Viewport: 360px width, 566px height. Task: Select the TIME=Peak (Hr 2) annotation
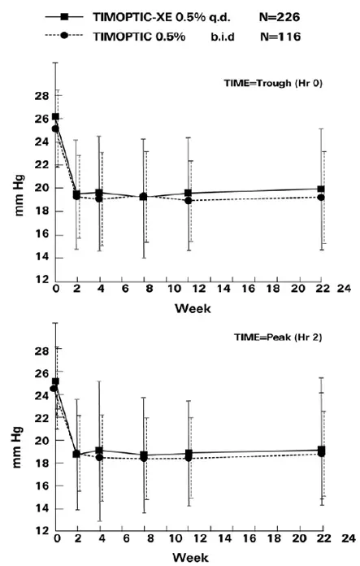[x=276, y=335]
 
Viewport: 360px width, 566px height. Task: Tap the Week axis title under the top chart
[x=189, y=307]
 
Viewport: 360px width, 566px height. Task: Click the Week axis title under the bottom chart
[x=189, y=559]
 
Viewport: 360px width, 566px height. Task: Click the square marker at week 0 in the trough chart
[x=55, y=117]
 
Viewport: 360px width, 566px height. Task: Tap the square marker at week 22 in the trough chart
[x=322, y=189]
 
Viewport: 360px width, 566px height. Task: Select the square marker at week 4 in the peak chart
[x=98, y=451]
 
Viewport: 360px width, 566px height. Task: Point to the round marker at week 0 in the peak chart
[x=54, y=389]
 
